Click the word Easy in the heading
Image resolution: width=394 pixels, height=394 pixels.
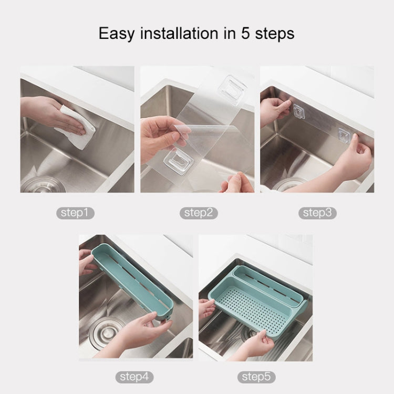(117, 33)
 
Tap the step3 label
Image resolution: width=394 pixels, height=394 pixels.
(318, 213)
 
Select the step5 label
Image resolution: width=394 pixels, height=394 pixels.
(256, 376)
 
